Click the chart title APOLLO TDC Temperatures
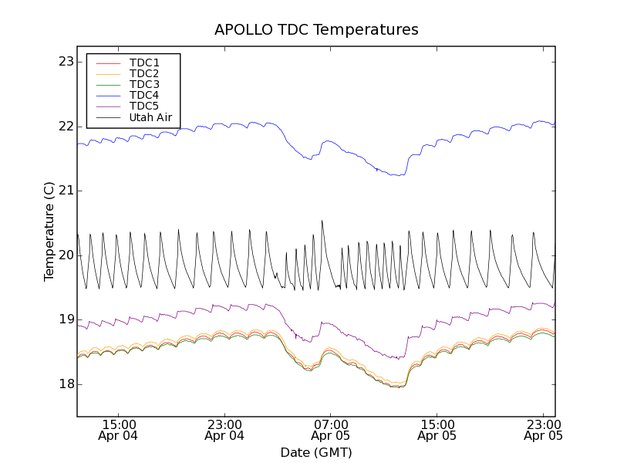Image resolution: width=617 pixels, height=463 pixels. [316, 30]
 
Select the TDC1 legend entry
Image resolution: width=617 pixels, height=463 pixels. [144, 63]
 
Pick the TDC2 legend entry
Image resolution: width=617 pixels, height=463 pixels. [144, 73]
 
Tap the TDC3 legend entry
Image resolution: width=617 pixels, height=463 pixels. [144, 84]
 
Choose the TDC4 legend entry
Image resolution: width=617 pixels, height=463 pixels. [144, 95]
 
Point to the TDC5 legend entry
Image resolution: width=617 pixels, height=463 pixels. [144, 106]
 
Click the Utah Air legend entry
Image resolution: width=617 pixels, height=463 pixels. [150, 117]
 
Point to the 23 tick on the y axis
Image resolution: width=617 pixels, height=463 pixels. [66, 62]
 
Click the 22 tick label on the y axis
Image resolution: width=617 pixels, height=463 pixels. [66, 127]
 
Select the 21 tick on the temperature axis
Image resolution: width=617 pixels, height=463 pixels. [66, 191]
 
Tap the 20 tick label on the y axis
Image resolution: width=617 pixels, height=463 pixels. [66, 255]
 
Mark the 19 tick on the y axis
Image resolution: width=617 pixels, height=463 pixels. [66, 319]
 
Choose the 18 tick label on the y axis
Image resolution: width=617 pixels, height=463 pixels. [66, 384]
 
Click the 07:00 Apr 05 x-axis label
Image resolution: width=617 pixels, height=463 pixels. [331, 430]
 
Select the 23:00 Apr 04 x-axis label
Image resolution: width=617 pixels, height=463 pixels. [224, 430]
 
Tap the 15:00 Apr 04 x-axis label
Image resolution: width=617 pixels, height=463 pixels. [119, 430]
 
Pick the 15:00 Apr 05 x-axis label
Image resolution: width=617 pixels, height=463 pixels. [437, 430]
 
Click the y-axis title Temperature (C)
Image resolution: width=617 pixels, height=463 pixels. [49, 231]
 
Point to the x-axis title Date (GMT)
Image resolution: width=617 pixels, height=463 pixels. [316, 452]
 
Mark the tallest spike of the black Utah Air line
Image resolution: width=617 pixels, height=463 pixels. [322, 221]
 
